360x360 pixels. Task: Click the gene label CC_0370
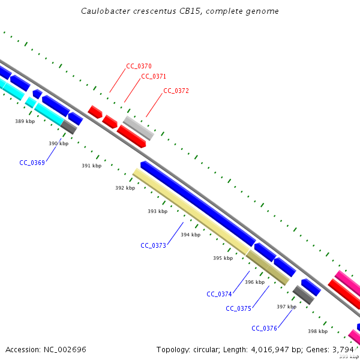pyautogui.click(x=139, y=66)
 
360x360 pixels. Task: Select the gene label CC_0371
pyautogui.click(x=154, y=76)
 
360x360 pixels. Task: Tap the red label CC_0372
pyautogui.click(x=176, y=91)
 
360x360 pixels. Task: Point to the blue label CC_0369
pyautogui.click(x=32, y=163)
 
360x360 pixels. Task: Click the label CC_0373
pyautogui.click(x=153, y=245)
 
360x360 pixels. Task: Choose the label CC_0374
pyautogui.click(x=219, y=294)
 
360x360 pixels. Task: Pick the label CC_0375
pyautogui.click(x=238, y=308)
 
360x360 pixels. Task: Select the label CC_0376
pyautogui.click(x=264, y=328)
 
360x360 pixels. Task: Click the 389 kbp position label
pyautogui.click(x=25, y=121)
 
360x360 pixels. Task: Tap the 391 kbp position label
pyautogui.click(x=92, y=166)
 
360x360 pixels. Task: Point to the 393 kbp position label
pyautogui.click(x=158, y=211)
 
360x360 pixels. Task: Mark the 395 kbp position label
pyautogui.click(x=223, y=258)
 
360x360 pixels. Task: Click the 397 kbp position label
pyautogui.click(x=286, y=307)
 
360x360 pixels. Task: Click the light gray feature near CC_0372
pyautogui.click(x=138, y=128)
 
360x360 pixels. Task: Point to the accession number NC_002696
pyautogui.click(x=65, y=349)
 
